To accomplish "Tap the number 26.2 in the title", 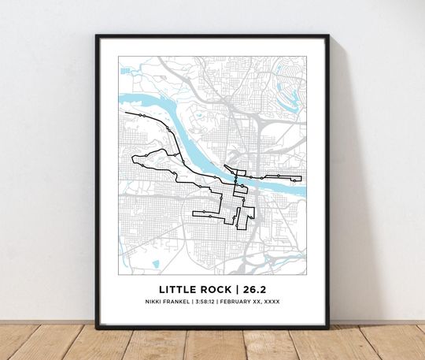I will pos(247,289).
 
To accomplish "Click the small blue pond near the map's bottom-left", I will pos(155,264).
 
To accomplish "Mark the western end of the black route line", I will pos(126,113).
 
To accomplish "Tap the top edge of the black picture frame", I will pos(213,36).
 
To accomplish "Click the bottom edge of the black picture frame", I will pos(213,325).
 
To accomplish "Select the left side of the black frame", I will pos(98,181).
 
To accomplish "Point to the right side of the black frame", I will pos(327,181).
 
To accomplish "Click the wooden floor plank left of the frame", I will pos(47,343).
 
